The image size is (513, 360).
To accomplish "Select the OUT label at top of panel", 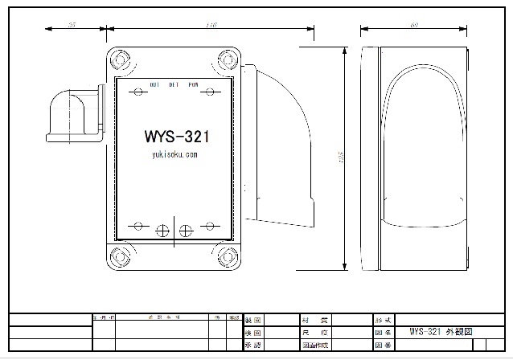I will [x=154, y=84].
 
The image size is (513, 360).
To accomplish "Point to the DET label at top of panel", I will [x=174, y=84].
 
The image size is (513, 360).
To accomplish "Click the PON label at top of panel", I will [x=193, y=84].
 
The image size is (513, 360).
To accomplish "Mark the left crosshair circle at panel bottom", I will [x=162, y=231].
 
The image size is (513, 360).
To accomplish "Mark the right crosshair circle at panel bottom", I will [x=185, y=231].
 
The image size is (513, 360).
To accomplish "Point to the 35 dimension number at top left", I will [x=72, y=26].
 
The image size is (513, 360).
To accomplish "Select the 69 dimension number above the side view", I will [x=414, y=26].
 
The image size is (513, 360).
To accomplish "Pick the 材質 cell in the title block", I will [x=314, y=319].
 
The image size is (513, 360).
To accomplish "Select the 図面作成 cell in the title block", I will [x=314, y=345].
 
